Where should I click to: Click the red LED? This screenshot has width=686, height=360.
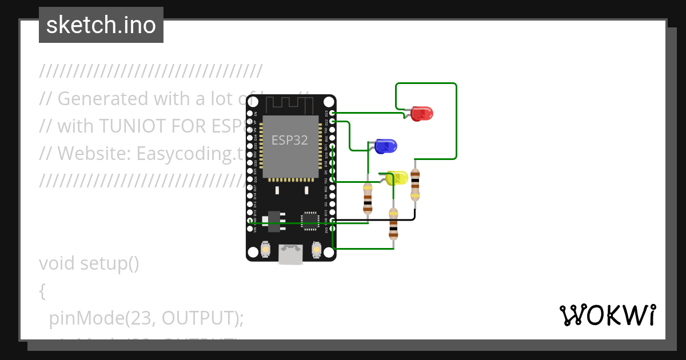(421, 113)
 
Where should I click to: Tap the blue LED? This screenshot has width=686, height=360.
(385, 146)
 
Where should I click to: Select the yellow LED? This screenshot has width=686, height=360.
(397, 178)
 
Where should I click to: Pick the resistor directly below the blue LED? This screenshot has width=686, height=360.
(368, 198)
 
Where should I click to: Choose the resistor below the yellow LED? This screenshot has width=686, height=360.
(393, 223)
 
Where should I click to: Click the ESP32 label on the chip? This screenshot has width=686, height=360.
(290, 141)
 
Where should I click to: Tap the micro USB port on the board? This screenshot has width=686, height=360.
(290, 254)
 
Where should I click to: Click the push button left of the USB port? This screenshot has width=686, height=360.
(265, 250)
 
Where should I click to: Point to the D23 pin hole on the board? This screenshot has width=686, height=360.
(333, 113)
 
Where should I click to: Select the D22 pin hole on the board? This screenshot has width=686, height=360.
(333, 121)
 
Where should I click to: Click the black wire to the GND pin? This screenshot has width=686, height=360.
(377, 219)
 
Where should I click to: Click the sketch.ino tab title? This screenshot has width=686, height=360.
(101, 25)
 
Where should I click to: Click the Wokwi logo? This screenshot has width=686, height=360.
(607, 315)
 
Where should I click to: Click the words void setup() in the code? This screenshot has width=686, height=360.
(89, 263)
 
